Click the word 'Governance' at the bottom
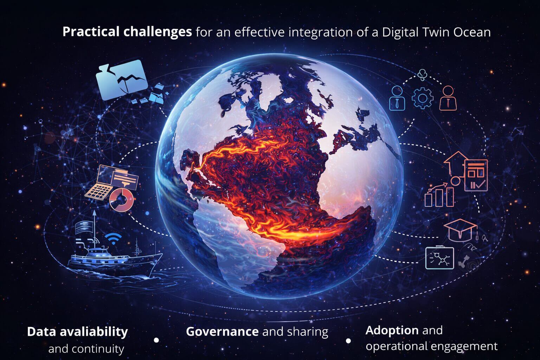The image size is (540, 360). point(222,332)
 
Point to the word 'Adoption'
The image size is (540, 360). point(392,330)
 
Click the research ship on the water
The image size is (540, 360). point(115,260)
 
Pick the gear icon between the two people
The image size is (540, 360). point(422,98)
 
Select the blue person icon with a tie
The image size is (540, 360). point(397,98)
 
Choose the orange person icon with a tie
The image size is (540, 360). point(448,98)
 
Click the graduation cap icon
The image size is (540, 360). point(461,230)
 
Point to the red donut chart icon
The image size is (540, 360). point(122,200)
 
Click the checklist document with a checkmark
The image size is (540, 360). point(476,175)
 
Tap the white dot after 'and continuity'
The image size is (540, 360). point(156,340)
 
